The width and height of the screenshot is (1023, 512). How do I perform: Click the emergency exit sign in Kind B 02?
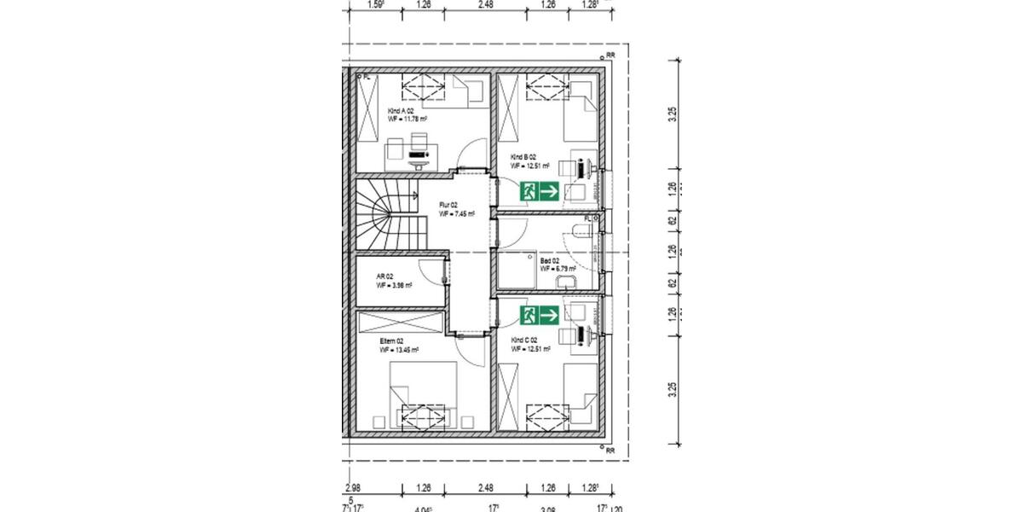point(539,192)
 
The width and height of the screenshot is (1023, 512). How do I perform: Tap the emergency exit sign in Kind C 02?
point(539,315)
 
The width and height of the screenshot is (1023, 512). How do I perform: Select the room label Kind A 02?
point(400,111)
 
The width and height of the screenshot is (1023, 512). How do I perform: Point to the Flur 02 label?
point(448,206)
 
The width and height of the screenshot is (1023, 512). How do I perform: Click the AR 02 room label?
point(384,277)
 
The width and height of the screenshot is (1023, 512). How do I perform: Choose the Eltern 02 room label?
point(391,340)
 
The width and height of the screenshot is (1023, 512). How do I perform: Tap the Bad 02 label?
point(550,261)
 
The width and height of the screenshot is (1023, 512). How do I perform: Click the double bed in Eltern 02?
point(423,393)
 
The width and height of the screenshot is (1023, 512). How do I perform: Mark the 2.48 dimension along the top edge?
point(486,4)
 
